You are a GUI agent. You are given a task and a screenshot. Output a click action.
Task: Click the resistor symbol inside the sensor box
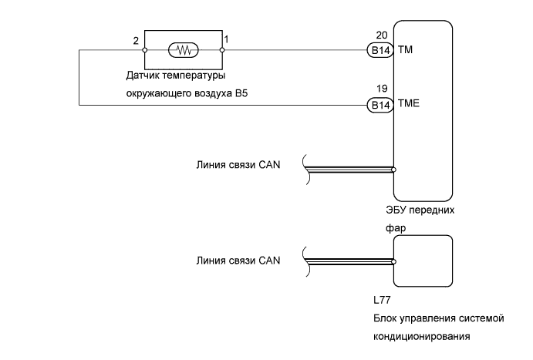click(x=184, y=50)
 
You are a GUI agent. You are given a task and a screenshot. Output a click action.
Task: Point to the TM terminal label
click(x=406, y=50)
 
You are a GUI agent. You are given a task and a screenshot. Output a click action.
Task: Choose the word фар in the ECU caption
click(x=395, y=228)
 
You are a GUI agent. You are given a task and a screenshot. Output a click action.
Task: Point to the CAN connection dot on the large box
click(x=393, y=169)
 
